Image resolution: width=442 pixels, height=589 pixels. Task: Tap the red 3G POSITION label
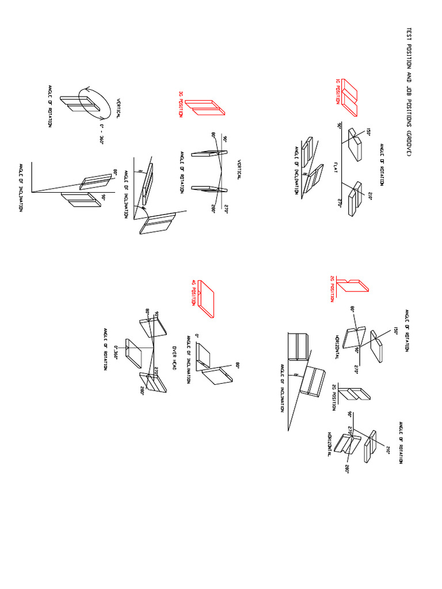pos(181,104)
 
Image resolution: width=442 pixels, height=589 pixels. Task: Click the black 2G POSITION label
pos(333,396)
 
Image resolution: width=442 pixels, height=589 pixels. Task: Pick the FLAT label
pos(335,167)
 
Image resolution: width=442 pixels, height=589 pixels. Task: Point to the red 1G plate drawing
pos(350,95)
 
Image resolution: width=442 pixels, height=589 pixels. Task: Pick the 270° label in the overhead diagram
pos(155,372)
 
